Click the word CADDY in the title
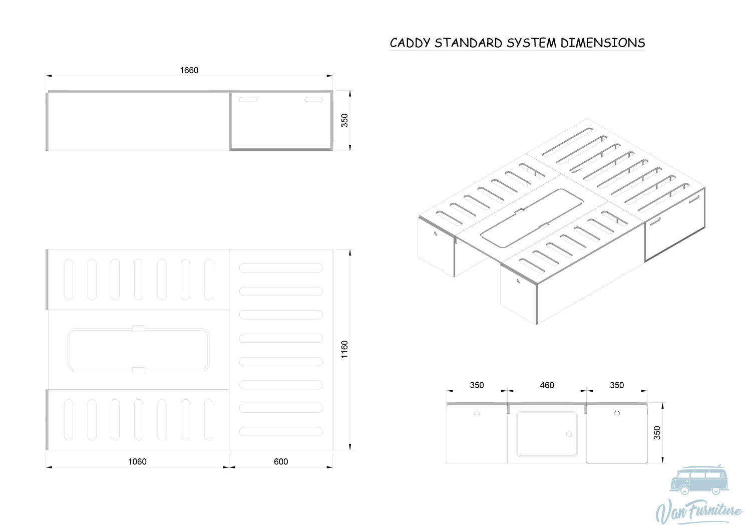[x=410, y=43]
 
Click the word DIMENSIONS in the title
[x=602, y=43]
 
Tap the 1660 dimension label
[x=189, y=70]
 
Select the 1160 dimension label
[x=344, y=349]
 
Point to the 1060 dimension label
[x=137, y=461]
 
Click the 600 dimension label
[x=280, y=461]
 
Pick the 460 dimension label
[x=547, y=385]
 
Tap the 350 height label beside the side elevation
[x=344, y=120]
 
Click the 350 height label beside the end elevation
[x=657, y=433]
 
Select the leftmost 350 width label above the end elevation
[x=477, y=385]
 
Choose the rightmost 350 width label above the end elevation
[x=616, y=385]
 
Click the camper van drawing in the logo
[x=699, y=480]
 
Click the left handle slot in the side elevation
[x=248, y=100]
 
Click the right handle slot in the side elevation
[x=313, y=100]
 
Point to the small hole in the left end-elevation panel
[x=477, y=414]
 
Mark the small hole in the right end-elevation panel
[x=617, y=413]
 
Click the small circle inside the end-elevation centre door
[x=569, y=434]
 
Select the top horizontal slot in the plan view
[x=281, y=268]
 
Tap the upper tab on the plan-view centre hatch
[x=139, y=329]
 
